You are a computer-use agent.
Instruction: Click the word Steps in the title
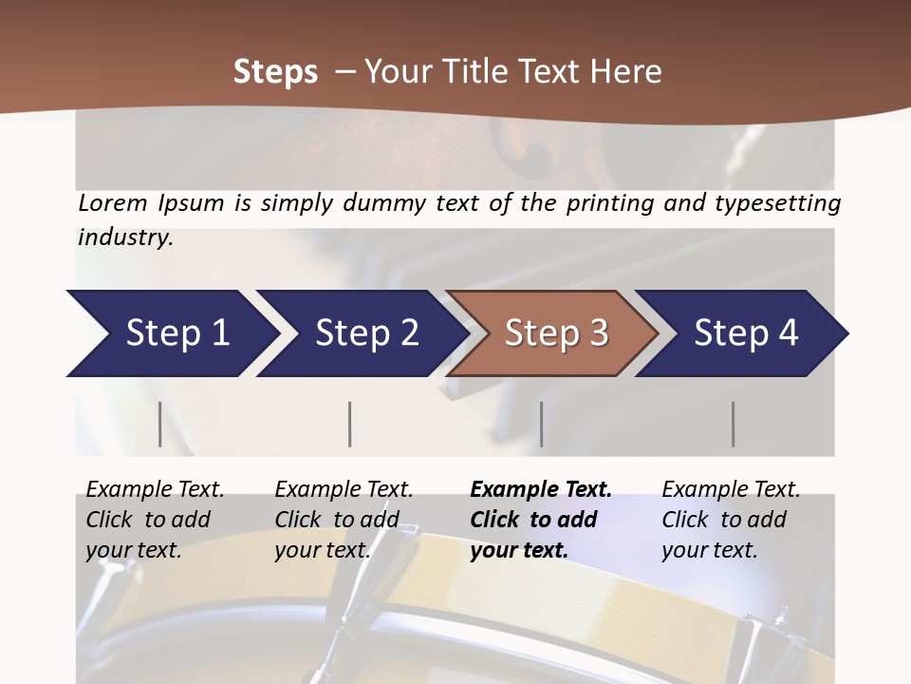point(275,72)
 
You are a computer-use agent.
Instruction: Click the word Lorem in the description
point(112,203)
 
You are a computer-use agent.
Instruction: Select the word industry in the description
point(124,237)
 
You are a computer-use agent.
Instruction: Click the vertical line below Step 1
point(160,424)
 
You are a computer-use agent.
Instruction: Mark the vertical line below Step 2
point(350,424)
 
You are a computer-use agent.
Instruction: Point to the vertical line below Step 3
point(541,424)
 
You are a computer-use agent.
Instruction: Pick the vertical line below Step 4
point(733,424)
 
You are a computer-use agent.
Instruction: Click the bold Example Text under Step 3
point(541,490)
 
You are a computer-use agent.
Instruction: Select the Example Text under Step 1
point(155,490)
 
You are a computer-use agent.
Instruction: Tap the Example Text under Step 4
point(731,490)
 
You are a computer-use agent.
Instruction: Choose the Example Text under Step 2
point(344,490)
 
